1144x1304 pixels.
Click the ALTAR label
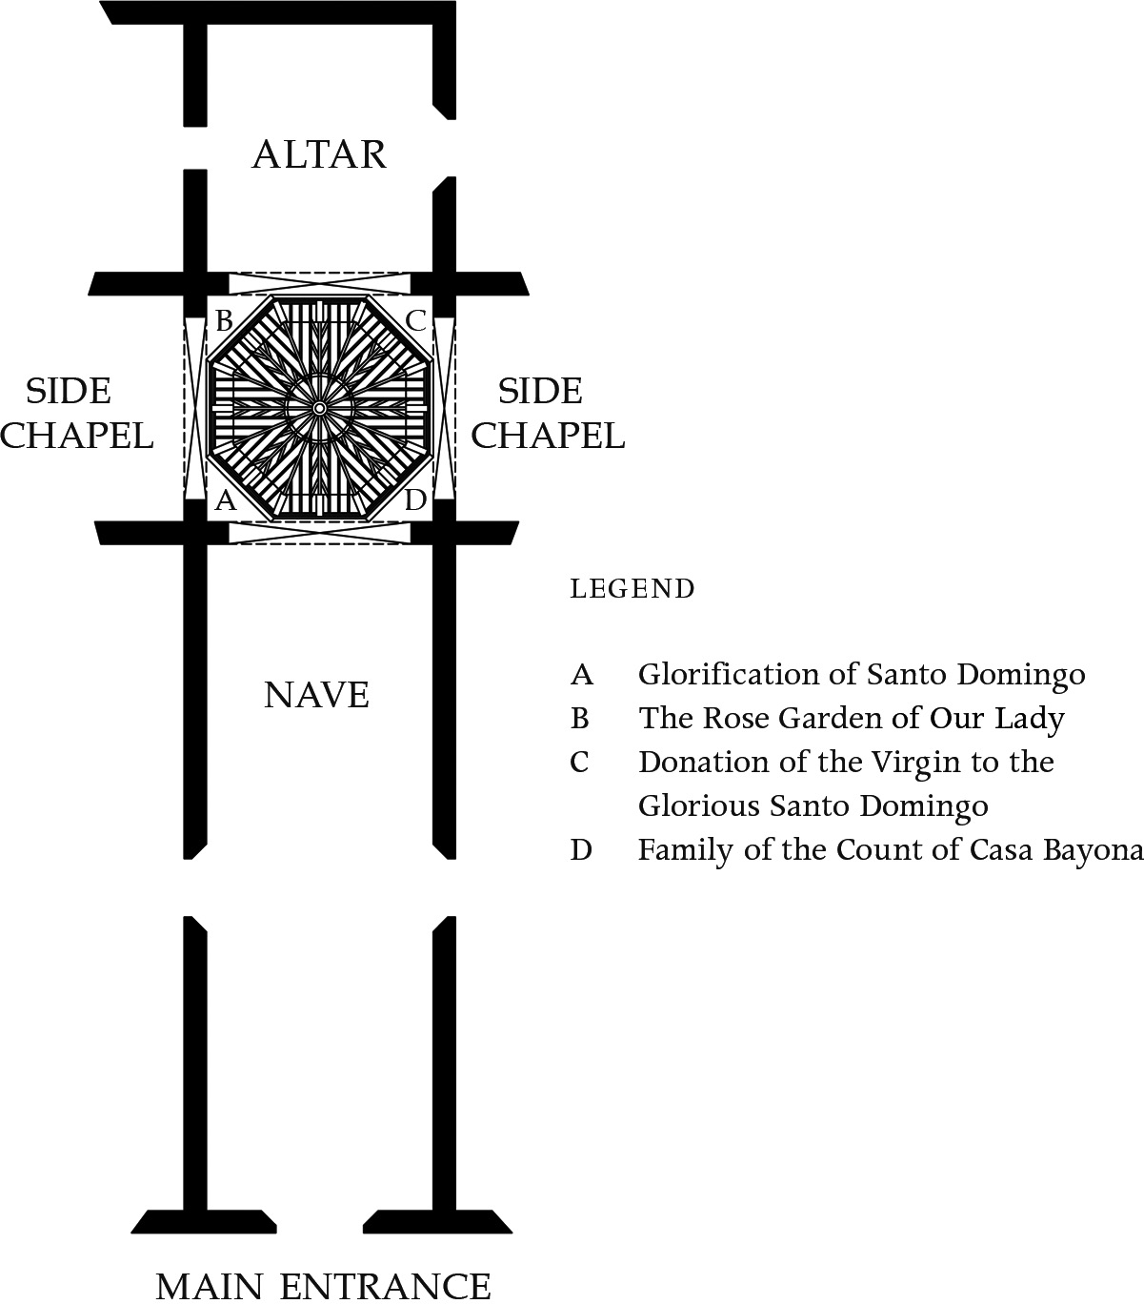point(320,154)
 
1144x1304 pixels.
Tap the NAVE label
point(317,695)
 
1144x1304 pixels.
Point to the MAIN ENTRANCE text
point(324,1286)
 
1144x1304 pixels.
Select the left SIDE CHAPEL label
point(76,413)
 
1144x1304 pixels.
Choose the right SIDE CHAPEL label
point(548,413)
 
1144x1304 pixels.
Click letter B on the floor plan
point(224,320)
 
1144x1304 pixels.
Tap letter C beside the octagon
point(416,320)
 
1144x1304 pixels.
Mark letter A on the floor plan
point(225,500)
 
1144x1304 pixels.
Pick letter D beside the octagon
point(415,500)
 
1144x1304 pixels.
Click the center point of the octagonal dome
point(320,408)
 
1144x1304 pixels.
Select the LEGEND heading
point(632,589)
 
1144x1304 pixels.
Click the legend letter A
point(582,675)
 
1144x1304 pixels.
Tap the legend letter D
point(581,849)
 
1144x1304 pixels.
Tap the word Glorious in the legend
point(699,805)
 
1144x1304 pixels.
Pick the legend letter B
point(579,719)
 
